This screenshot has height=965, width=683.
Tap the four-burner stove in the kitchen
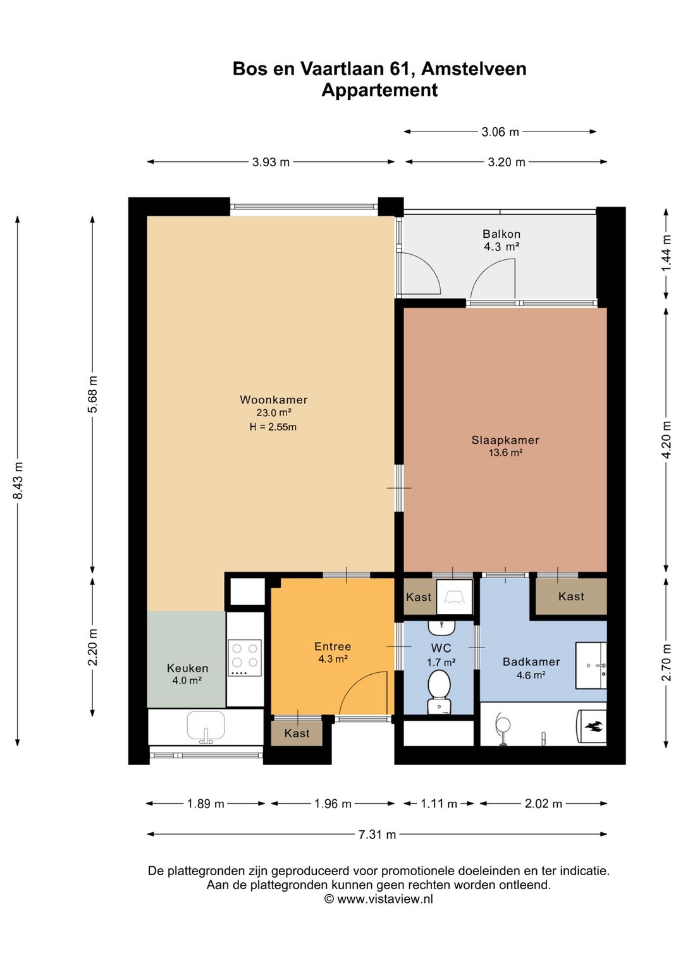(245, 658)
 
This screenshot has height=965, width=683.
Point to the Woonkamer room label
(274, 400)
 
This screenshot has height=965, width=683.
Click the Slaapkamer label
(505, 440)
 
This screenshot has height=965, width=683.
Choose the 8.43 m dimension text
(18, 481)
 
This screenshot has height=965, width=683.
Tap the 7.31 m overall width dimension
(377, 835)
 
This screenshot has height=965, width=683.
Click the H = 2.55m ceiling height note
(273, 427)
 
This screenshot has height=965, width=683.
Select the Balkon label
(501, 234)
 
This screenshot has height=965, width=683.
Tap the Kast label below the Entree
(297, 733)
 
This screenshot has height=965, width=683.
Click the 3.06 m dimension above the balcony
(500, 132)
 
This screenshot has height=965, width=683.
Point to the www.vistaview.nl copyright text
(379, 899)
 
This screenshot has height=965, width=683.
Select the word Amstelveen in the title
(474, 69)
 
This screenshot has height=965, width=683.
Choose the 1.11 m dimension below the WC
(439, 804)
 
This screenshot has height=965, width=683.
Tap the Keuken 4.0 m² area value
(187, 680)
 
